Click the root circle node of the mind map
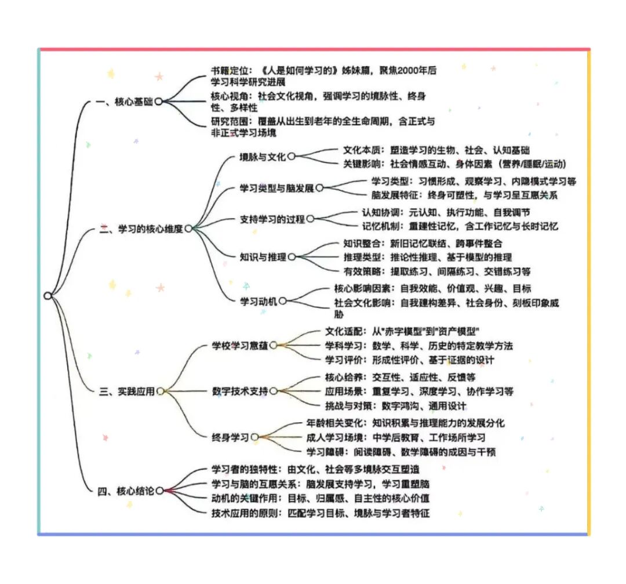pos(48,296)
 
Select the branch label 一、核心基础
pos(125,101)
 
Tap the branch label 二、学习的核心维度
pos(141,229)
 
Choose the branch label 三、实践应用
pos(127,391)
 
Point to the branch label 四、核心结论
pos(126,491)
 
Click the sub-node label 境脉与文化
pos(263,157)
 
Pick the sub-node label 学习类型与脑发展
pos(276,188)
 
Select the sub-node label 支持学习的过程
pos(272,219)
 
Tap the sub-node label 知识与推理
pos(263,257)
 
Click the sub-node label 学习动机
pos(259,301)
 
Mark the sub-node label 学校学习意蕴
pos(240,346)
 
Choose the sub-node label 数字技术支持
pos(240,391)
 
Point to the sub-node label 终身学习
pos(230,437)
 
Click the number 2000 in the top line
pos(407,70)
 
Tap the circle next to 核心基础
pos(158,101)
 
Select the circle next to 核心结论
pos(160,491)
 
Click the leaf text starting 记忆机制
pos(460,227)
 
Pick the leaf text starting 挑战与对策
pos(396,406)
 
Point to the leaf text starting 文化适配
pos(402,331)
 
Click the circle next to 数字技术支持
pos(274,391)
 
